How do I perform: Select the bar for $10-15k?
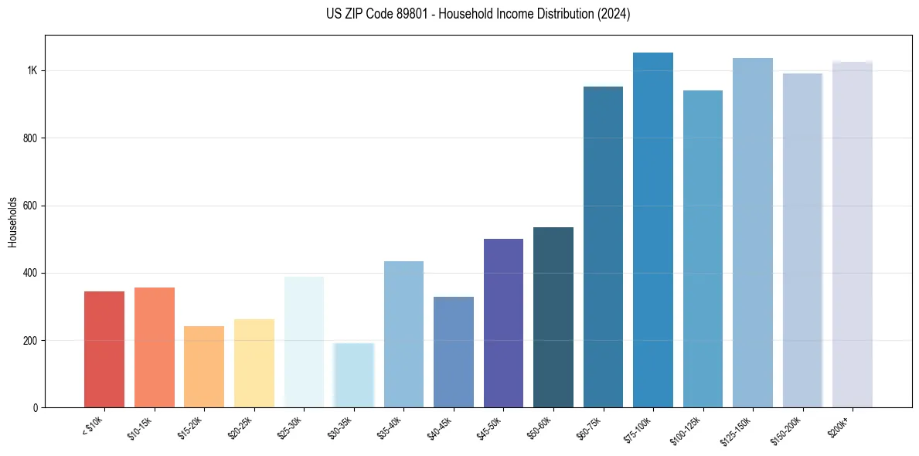click(x=154, y=348)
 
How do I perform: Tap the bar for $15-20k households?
click(x=204, y=367)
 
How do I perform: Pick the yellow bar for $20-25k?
click(x=254, y=363)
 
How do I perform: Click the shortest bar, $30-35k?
click(x=353, y=376)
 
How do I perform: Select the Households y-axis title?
click(x=13, y=221)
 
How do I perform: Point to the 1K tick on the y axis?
click(x=32, y=71)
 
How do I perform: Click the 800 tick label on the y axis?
click(x=30, y=138)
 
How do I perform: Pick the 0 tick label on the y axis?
click(x=36, y=408)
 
